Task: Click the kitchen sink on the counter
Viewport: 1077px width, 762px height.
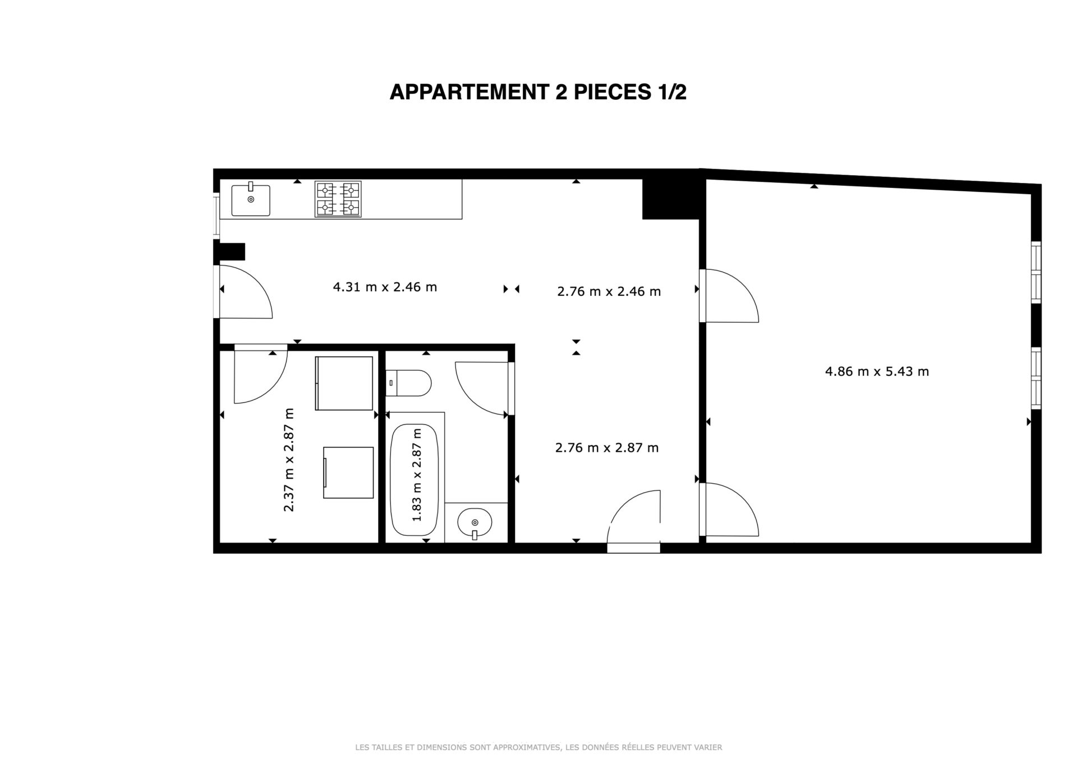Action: click(251, 200)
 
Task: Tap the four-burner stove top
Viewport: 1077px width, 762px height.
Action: click(338, 199)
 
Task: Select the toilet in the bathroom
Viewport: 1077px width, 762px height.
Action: click(408, 383)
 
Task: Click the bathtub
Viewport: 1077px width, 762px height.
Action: click(415, 480)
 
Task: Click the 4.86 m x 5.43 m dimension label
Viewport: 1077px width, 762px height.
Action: click(877, 371)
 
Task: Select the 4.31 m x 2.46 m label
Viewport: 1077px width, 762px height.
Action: click(385, 287)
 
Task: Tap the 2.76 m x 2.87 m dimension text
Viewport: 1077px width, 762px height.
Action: click(607, 448)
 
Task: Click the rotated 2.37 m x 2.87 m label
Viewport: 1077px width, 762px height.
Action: click(289, 460)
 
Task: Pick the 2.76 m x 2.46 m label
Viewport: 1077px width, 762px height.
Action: click(609, 292)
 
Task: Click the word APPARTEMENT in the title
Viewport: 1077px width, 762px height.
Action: click(469, 92)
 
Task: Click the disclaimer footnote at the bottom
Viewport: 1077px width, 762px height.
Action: click(538, 747)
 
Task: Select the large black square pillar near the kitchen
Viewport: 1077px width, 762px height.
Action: click(671, 199)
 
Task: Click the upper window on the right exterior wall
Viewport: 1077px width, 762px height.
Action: click(1036, 273)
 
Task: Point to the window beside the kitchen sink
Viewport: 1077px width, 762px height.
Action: click(216, 215)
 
